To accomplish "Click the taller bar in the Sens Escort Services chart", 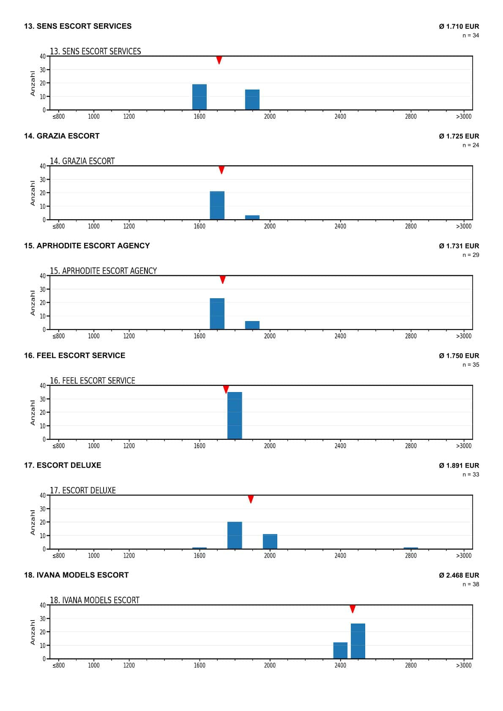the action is pyautogui.click(x=200, y=97).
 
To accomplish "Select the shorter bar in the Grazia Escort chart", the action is pyautogui.click(x=252, y=218).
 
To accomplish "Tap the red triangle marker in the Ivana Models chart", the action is pyautogui.click(x=353, y=609).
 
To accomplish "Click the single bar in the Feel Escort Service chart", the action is pyautogui.click(x=235, y=416).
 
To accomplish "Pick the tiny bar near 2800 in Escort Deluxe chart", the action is pyautogui.click(x=410, y=548).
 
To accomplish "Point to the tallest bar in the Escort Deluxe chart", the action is pyautogui.click(x=235, y=536).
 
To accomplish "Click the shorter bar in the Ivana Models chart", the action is pyautogui.click(x=340, y=650).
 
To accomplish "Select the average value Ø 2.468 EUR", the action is pyautogui.click(x=459, y=575).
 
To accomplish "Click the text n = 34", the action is pyautogui.click(x=470, y=35).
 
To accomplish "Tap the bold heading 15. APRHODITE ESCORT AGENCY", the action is pyautogui.click(x=87, y=246).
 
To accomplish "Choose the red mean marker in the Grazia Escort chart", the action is pyautogui.click(x=221, y=170).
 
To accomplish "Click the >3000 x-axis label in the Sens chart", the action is pyautogui.click(x=464, y=117).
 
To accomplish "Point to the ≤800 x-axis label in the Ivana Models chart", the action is pyautogui.click(x=58, y=665).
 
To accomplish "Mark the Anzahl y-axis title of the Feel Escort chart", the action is pyautogui.click(x=33, y=412).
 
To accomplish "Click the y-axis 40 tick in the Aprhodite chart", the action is pyautogui.click(x=43, y=276).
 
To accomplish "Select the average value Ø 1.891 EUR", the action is pyautogui.click(x=459, y=465).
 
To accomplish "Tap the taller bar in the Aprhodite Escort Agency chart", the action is pyautogui.click(x=217, y=314).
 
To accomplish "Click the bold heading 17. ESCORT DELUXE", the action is pyautogui.click(x=63, y=465).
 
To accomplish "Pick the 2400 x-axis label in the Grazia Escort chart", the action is pyautogui.click(x=340, y=226).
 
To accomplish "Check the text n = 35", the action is pyautogui.click(x=470, y=365).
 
